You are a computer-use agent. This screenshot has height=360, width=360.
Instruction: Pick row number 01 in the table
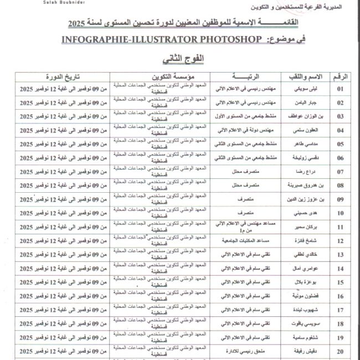coord(340,89)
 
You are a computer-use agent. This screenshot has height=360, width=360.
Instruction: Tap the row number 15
coord(340,282)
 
